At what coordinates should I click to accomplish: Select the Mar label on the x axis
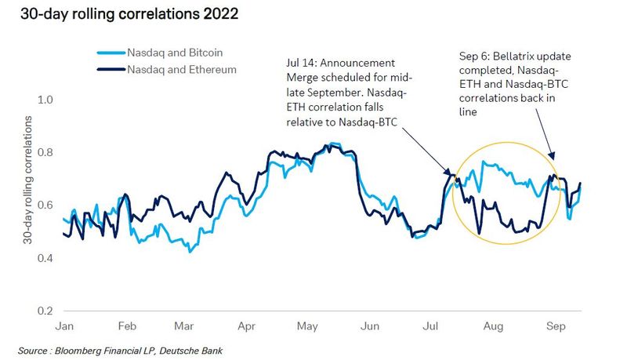183,325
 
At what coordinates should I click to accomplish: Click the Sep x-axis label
556,325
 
